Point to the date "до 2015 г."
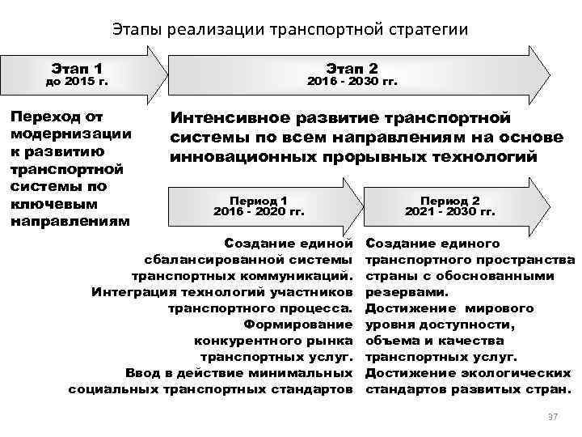pyautogui.click(x=77, y=82)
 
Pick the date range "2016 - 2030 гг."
pyautogui.click(x=352, y=82)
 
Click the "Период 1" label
pyautogui.click(x=259, y=199)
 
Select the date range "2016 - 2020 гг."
pyautogui.click(x=259, y=211)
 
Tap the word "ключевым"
pyautogui.click(x=46, y=203)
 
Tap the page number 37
pyautogui.click(x=553, y=416)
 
